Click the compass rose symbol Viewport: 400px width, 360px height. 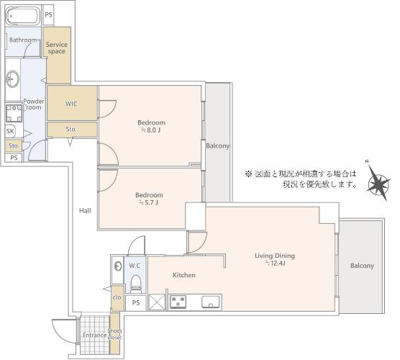[x=377, y=181]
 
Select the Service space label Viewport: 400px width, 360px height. [x=56, y=48]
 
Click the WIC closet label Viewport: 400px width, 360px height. [x=71, y=104]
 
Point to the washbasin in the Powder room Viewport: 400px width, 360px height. [x=13, y=78]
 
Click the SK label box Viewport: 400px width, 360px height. [x=10, y=131]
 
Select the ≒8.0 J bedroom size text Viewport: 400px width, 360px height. [x=152, y=131]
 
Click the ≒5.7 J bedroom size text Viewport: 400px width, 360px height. [x=149, y=203]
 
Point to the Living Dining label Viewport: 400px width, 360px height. [x=275, y=256]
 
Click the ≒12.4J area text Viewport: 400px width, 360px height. [x=275, y=264]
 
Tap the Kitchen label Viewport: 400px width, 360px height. [x=184, y=275]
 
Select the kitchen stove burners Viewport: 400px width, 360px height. [x=178, y=302]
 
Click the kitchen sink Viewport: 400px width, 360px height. [x=211, y=302]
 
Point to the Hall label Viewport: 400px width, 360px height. [x=85, y=210]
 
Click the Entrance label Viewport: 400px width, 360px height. [x=94, y=335]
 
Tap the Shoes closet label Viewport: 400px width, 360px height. [x=115, y=334]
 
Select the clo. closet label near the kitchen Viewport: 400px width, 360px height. [x=117, y=297]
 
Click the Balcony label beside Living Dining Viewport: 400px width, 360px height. [x=362, y=266]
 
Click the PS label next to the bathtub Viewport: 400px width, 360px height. [x=48, y=14]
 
